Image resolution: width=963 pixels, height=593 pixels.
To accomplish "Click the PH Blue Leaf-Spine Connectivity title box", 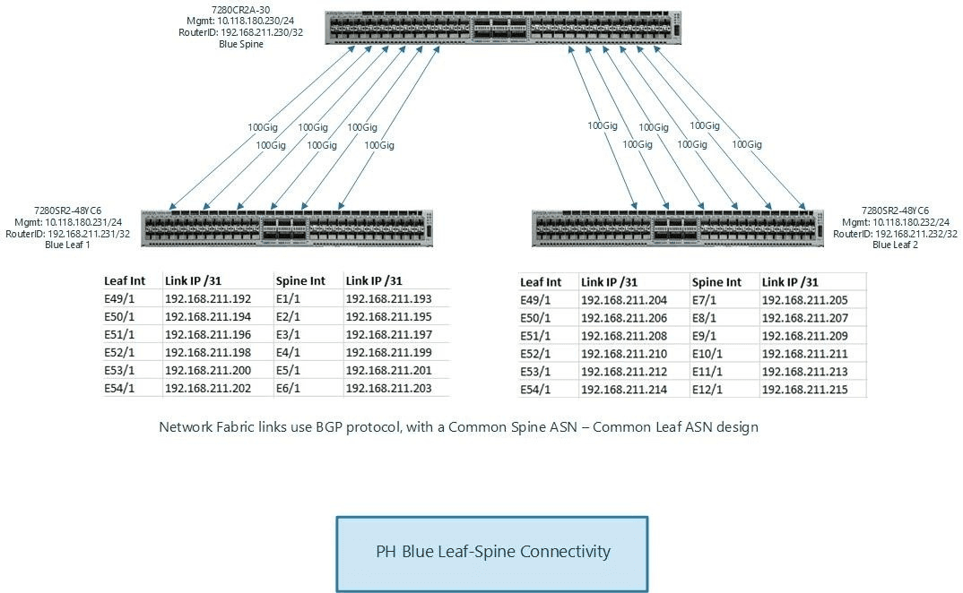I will (x=492, y=552).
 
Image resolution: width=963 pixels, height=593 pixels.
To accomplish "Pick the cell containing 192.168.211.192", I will (x=208, y=299).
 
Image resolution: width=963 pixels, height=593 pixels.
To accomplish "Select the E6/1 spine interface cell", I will (x=289, y=388).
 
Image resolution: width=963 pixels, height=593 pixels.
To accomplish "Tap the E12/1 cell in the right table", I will (x=708, y=389).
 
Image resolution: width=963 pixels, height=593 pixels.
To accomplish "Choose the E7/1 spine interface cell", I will (x=705, y=300).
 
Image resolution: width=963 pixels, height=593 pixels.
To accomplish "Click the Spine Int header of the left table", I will (x=300, y=281).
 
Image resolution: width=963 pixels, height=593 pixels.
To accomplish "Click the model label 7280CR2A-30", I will (x=241, y=11).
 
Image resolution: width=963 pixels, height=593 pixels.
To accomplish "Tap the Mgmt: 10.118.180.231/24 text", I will (x=68, y=222).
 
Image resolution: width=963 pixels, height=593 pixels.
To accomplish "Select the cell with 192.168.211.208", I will (x=624, y=336).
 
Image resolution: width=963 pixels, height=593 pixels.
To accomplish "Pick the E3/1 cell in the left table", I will (x=289, y=334).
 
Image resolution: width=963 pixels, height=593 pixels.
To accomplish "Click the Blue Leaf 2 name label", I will (x=894, y=245).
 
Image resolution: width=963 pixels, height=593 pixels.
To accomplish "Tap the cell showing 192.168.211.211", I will (x=804, y=353).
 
